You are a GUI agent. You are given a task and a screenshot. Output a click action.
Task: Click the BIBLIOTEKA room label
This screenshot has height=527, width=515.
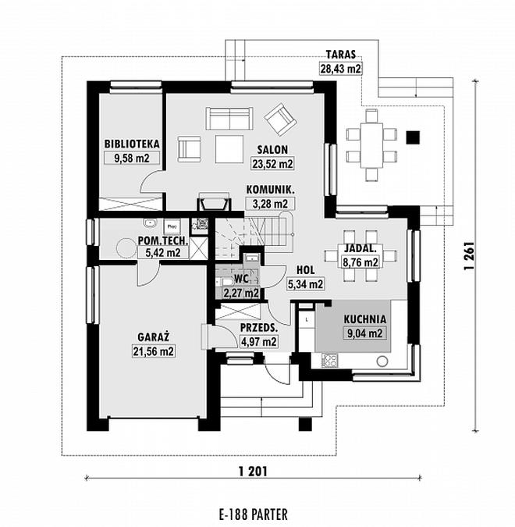[132, 144]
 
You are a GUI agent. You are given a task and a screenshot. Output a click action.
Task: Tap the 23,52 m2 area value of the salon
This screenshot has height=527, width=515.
[273, 164]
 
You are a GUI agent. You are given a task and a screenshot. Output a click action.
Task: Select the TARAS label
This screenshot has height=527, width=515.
[341, 55]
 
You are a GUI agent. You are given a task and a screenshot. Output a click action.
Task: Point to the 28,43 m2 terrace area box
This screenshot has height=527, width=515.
[340, 69]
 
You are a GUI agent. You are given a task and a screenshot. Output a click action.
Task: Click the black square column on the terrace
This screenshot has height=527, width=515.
[413, 137]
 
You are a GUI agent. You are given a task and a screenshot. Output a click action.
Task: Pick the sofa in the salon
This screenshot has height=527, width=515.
[229, 119]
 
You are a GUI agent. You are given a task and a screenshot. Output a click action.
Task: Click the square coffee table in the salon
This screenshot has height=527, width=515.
[229, 149]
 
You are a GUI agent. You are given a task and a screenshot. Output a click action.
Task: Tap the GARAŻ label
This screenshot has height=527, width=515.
[153, 337]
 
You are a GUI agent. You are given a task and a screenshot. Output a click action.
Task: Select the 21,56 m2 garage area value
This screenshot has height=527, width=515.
[154, 351]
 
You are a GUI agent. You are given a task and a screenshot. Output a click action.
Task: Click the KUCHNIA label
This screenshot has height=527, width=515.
[365, 319]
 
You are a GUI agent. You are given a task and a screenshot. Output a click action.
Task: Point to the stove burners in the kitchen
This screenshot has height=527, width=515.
[329, 361]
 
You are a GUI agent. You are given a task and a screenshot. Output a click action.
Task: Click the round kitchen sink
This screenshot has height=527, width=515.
[382, 361]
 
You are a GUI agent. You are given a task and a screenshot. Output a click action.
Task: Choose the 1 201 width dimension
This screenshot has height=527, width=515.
[254, 472]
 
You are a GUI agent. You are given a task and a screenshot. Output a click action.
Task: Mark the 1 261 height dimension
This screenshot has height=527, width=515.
[469, 255]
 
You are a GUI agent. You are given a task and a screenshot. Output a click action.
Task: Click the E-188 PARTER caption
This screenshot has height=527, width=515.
[254, 515]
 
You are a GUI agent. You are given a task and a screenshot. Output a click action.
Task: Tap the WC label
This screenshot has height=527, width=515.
[241, 279]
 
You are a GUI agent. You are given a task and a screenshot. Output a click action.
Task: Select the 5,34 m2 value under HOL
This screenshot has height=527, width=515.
[305, 284]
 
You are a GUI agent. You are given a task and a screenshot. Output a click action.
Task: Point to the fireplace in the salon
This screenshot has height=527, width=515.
[214, 202]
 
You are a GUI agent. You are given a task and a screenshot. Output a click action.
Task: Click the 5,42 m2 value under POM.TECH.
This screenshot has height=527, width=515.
[163, 252]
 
